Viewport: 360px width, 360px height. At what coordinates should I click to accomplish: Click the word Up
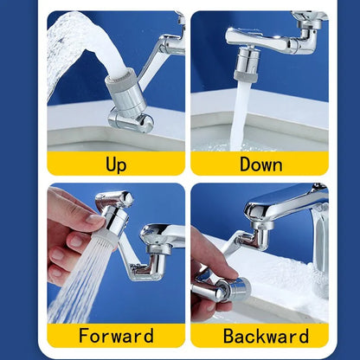click(116, 164)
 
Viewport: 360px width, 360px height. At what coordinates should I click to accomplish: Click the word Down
click(260, 164)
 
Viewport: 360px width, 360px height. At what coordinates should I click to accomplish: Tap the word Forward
click(116, 336)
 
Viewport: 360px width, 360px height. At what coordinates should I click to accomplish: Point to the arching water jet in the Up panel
click(69, 43)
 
